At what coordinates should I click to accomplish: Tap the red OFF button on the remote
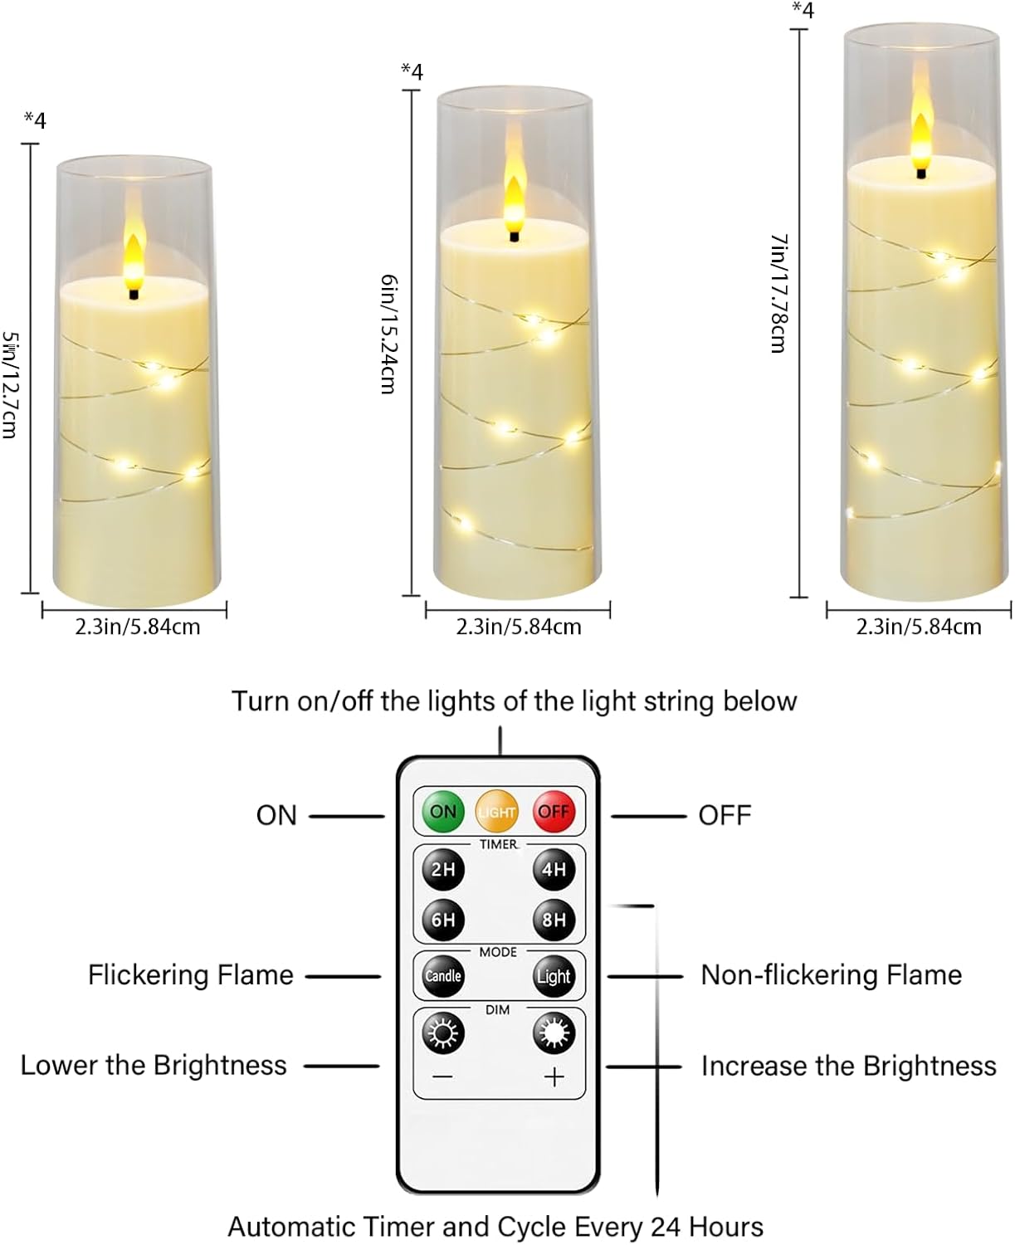(x=554, y=811)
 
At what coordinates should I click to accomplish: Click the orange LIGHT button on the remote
(x=497, y=811)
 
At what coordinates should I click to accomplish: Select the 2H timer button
(x=443, y=869)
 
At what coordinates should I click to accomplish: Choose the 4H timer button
(x=554, y=869)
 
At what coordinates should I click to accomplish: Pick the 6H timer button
(x=443, y=920)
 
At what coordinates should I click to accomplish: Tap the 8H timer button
(x=554, y=920)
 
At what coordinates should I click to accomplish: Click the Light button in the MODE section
(x=554, y=976)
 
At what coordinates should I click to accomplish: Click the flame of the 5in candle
(x=134, y=255)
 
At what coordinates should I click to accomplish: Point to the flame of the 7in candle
(x=921, y=133)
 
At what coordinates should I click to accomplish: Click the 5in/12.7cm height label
(x=10, y=385)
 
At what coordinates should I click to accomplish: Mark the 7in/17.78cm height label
(x=778, y=292)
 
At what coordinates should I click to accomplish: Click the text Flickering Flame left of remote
(x=191, y=974)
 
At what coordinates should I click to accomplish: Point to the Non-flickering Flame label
(x=831, y=974)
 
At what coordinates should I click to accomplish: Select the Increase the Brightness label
(x=848, y=1066)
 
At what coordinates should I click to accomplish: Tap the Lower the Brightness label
(x=154, y=1065)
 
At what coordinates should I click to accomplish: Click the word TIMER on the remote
(x=498, y=844)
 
